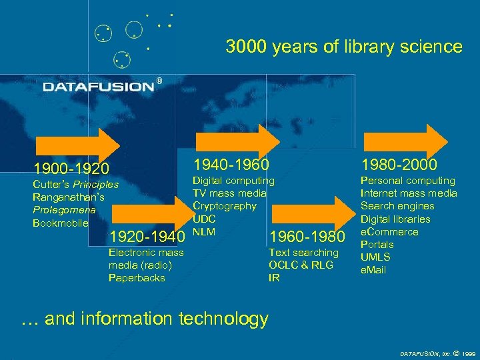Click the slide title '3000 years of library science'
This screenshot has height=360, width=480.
pyautogui.click(x=343, y=47)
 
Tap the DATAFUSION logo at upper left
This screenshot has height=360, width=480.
pyautogui.click(x=98, y=86)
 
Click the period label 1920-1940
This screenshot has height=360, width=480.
pyautogui.click(x=147, y=236)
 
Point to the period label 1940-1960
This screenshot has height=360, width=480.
pyautogui.click(x=231, y=164)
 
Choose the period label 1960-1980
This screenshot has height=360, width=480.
pyautogui.click(x=307, y=236)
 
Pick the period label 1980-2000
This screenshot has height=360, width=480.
pyautogui.click(x=399, y=164)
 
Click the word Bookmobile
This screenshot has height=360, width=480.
pyautogui.click(x=60, y=223)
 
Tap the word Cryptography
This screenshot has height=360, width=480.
pyautogui.click(x=224, y=206)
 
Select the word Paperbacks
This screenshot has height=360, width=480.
pyautogui.click(x=137, y=277)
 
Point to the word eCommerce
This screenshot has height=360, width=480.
pyautogui.click(x=389, y=231)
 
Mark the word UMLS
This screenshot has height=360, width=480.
pyautogui.click(x=375, y=257)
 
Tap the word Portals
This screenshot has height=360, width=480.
pyautogui.click(x=377, y=244)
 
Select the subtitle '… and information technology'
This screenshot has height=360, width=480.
pyautogui.click(x=145, y=319)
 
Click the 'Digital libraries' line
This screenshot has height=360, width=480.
pyautogui.click(x=395, y=219)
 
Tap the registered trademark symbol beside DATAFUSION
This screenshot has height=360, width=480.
pyautogui.click(x=159, y=81)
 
